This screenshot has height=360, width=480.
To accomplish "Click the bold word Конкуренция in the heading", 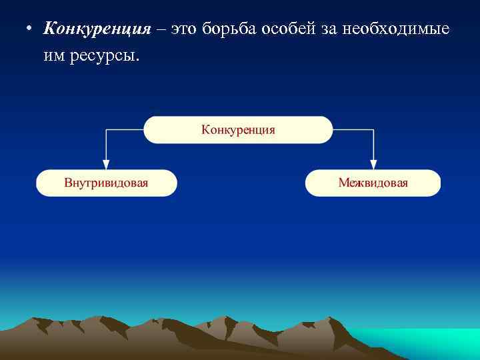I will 97,29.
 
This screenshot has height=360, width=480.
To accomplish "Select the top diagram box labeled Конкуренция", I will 238,130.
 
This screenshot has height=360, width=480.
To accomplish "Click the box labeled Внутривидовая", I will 107,183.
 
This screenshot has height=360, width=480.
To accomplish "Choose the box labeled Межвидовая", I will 373,183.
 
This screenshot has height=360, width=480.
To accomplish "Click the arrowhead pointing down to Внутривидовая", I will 105,164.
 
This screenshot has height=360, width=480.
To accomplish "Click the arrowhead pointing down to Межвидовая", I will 373,164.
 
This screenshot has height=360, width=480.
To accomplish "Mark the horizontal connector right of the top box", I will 353,130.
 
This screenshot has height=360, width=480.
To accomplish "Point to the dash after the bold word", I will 161,30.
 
